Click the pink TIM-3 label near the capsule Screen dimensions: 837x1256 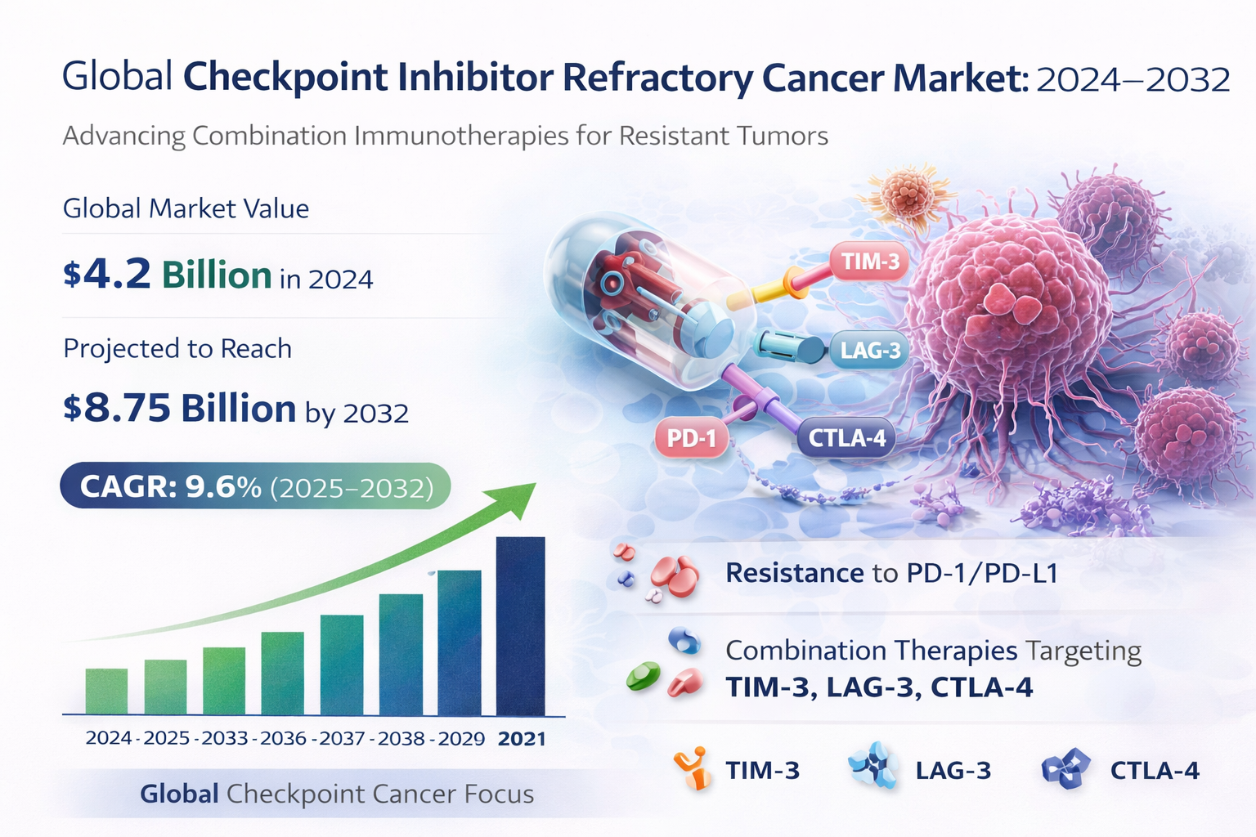(870, 262)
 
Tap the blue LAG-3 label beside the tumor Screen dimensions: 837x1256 (870, 351)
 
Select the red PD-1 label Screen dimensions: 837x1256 (691, 439)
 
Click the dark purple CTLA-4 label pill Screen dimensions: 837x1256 (846, 438)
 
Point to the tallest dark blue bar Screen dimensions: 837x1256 (520, 625)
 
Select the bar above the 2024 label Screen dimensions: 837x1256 (106, 691)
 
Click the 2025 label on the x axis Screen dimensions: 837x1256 (167, 738)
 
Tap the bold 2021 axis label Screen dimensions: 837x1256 (522, 739)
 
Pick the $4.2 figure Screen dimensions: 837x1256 (107, 275)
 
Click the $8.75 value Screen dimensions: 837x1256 (117, 408)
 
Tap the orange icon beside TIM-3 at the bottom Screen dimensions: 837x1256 (691, 769)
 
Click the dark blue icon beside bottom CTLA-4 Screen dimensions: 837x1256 (1065, 768)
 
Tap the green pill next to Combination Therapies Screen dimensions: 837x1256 (643, 676)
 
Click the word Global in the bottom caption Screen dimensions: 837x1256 (179, 794)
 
